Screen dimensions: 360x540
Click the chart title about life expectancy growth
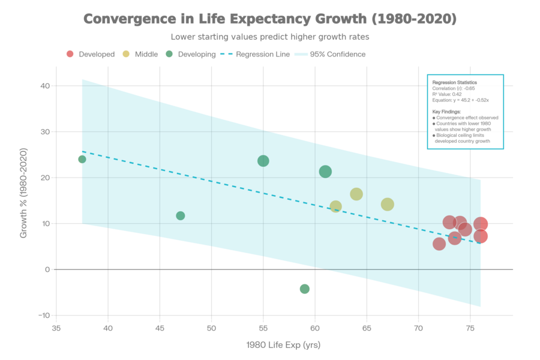[x=269, y=19]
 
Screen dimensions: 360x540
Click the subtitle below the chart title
[x=269, y=37]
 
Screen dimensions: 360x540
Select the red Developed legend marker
[x=70, y=54]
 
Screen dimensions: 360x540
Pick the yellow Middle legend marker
[x=126, y=54]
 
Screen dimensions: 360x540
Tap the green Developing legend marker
[x=170, y=54]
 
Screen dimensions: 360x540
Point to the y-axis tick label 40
[x=44, y=86]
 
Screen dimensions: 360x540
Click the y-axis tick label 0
[x=47, y=269]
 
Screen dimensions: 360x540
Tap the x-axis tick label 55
[x=263, y=328]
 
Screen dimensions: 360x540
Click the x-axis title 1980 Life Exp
[x=283, y=345]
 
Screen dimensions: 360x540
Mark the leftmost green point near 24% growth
[x=82, y=159]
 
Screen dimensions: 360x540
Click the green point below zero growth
[x=305, y=289]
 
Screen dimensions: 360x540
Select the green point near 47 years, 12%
[x=181, y=215]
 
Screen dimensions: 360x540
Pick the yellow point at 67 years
[x=388, y=205]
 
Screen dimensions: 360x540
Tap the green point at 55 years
[x=263, y=161]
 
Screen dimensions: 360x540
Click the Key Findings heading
[x=446, y=112]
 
